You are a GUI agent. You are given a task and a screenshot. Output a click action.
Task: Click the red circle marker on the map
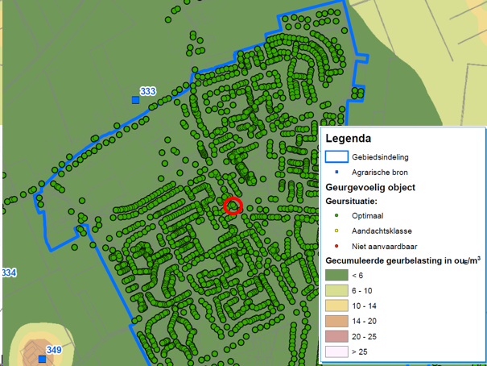pos(233,206)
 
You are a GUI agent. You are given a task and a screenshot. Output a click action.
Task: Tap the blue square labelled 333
pos(135,100)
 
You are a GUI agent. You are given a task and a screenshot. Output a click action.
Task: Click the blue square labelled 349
pos(40,359)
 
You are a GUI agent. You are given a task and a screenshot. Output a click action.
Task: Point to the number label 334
pos(8,273)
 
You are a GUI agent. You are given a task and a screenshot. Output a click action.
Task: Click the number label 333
pos(147,91)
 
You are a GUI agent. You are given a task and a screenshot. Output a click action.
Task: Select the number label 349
pos(54,350)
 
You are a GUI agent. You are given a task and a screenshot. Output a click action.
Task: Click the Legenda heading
pos(348,138)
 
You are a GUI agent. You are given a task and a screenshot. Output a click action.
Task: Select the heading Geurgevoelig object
pos(370,187)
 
